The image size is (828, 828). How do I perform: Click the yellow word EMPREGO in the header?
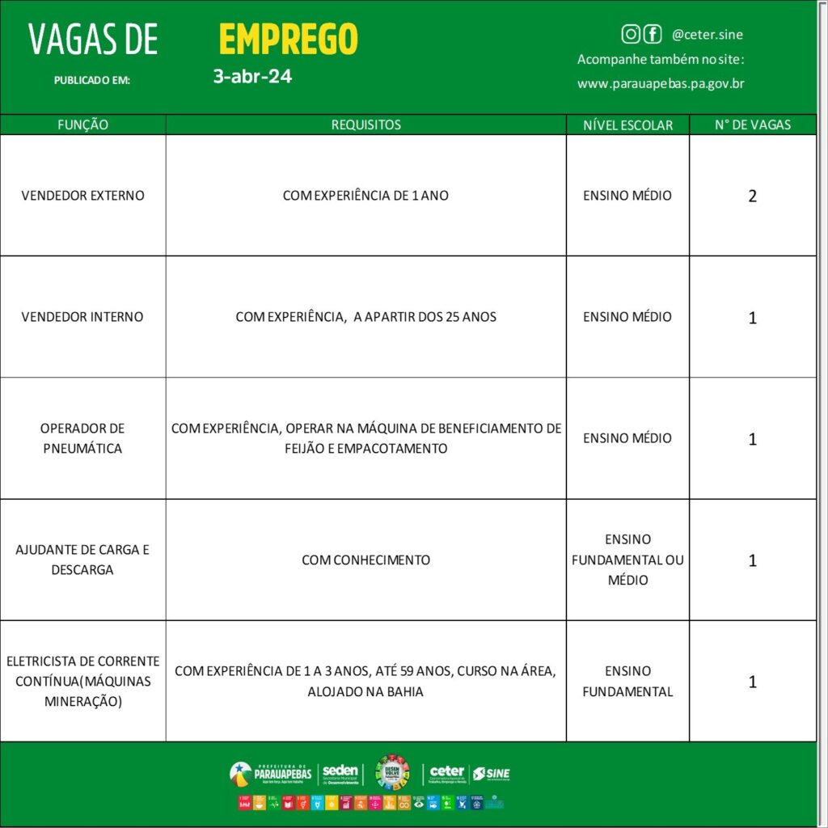pyautogui.click(x=288, y=39)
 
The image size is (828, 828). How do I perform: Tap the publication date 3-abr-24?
pyautogui.click(x=252, y=77)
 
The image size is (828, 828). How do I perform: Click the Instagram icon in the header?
pyautogui.click(x=631, y=34)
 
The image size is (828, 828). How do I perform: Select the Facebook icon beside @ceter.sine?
pyautogui.click(x=652, y=34)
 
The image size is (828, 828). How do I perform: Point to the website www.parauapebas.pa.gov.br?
pyautogui.click(x=661, y=83)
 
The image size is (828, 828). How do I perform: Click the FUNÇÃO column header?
pyautogui.click(x=82, y=125)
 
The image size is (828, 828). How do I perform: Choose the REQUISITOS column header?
pyautogui.click(x=365, y=125)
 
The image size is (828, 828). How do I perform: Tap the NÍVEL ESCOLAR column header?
pyautogui.click(x=627, y=125)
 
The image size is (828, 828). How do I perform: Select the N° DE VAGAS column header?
pyautogui.click(x=752, y=125)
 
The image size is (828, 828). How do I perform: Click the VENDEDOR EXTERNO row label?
pyautogui.click(x=82, y=196)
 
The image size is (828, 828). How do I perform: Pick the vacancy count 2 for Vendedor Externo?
pyautogui.click(x=752, y=196)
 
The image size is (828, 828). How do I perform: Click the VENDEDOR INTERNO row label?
pyautogui.click(x=82, y=317)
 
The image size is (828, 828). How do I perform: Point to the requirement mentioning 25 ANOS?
pyautogui.click(x=365, y=317)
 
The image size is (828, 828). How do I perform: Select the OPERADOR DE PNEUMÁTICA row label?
pyautogui.click(x=82, y=438)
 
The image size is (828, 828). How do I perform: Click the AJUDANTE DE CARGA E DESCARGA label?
pyautogui.click(x=82, y=560)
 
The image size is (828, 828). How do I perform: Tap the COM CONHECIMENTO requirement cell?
pyautogui.click(x=365, y=560)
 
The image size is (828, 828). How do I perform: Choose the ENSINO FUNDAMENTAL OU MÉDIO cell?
pyautogui.click(x=627, y=560)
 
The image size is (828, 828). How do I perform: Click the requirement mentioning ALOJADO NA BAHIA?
pyautogui.click(x=365, y=682)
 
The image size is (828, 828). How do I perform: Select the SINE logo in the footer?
pyautogui.click(x=492, y=774)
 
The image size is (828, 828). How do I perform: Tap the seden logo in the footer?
pyautogui.click(x=340, y=774)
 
